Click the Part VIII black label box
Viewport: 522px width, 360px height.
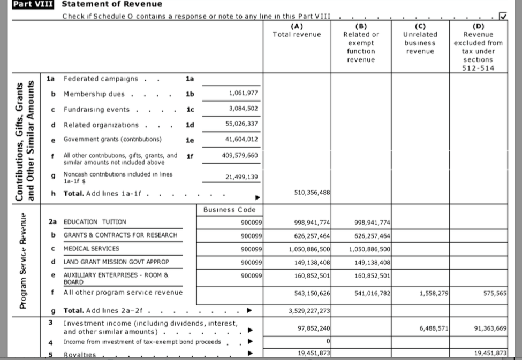[35, 4]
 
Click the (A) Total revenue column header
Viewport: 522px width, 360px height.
[297, 30]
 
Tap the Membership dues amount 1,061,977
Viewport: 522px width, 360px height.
[244, 94]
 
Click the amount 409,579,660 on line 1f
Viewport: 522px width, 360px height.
[239, 155]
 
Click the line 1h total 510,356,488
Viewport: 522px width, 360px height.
[312, 193]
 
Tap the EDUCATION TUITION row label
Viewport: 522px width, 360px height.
[95, 221]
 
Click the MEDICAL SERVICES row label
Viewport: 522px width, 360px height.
[92, 249]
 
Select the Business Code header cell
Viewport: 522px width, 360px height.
[230, 210]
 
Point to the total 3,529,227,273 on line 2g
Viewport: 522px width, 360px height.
[308, 310]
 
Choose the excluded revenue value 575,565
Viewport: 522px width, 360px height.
[495, 293]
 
